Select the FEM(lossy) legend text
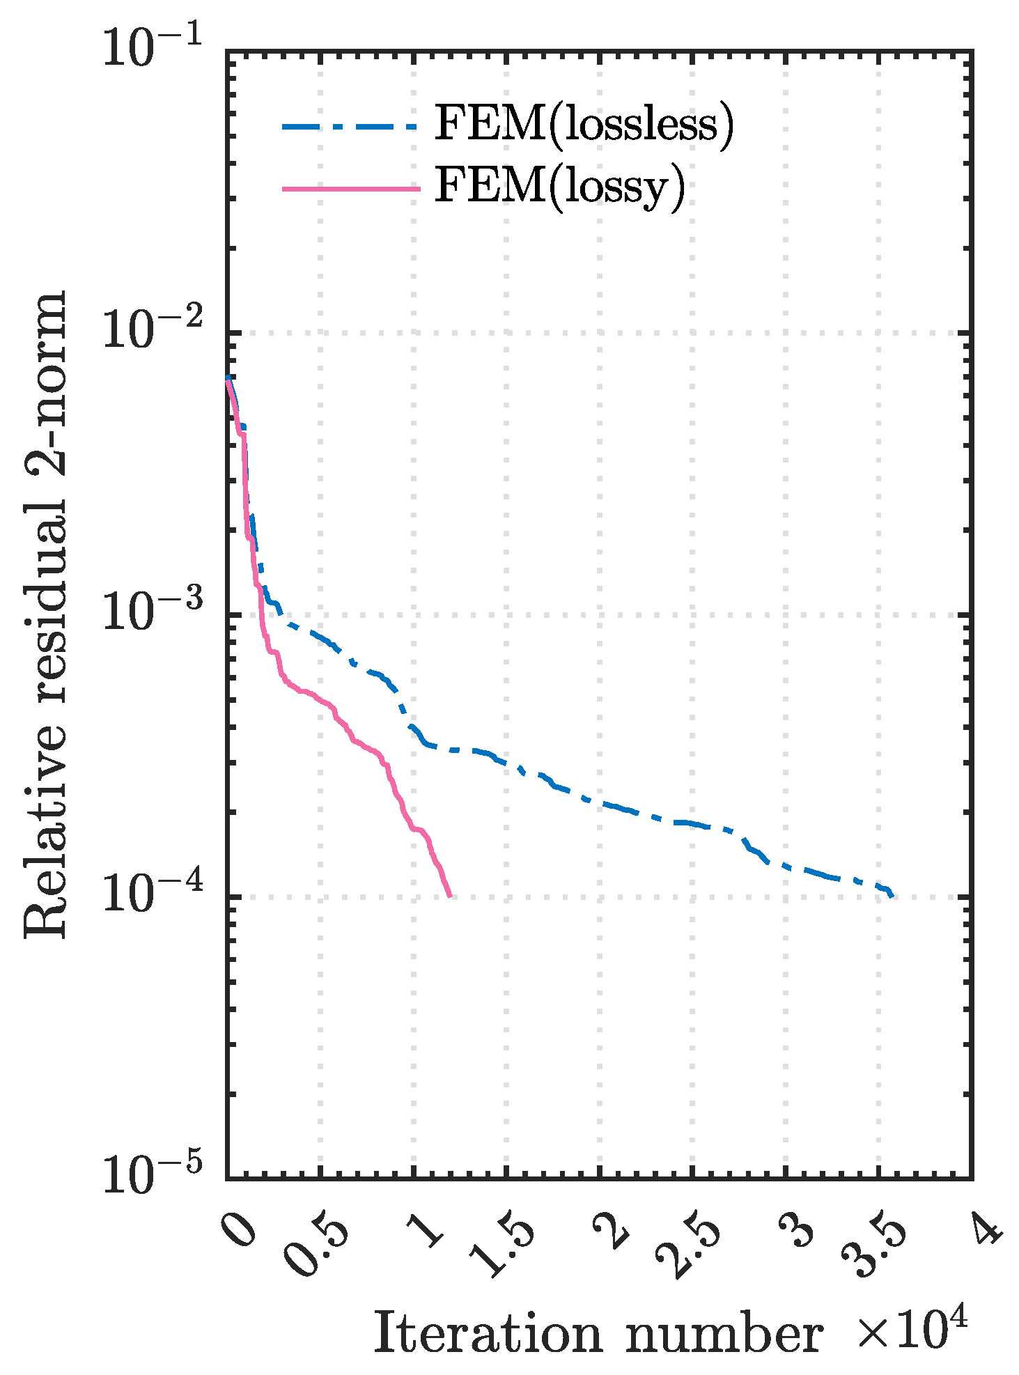[560, 187]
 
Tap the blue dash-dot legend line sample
[350, 126]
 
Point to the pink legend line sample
[351, 188]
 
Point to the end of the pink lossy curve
[449, 895]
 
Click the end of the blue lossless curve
[892, 896]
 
